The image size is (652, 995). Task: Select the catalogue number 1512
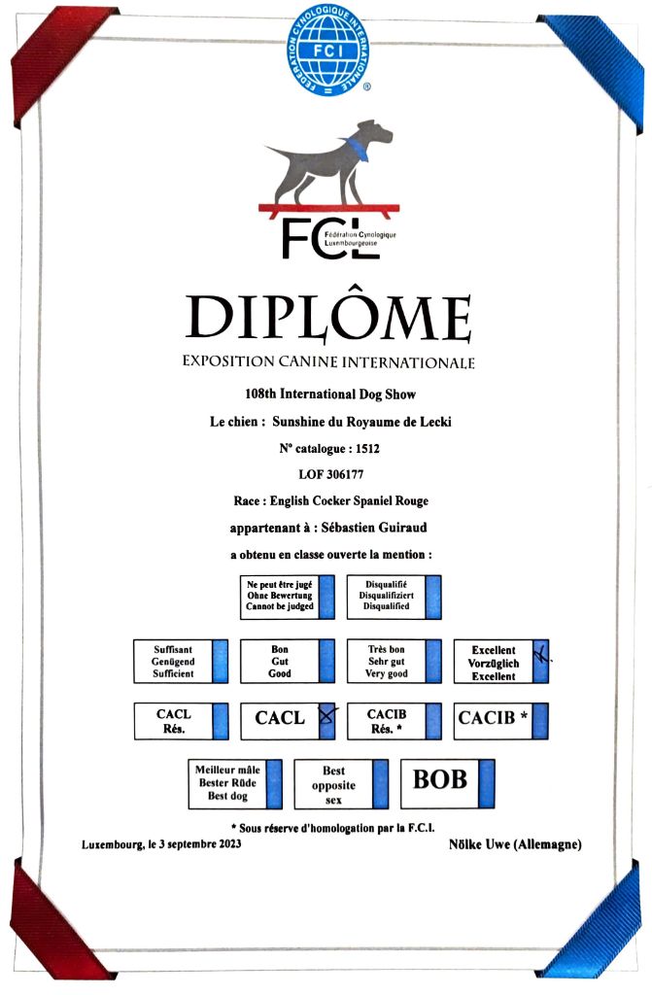366,450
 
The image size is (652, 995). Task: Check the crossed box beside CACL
327,719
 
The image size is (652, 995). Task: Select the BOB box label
439,779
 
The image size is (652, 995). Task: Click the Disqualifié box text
385,596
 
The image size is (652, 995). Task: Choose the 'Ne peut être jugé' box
279,596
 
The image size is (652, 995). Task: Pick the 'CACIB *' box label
493,719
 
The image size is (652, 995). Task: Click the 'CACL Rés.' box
173,720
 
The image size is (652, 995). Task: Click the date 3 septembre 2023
193,844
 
